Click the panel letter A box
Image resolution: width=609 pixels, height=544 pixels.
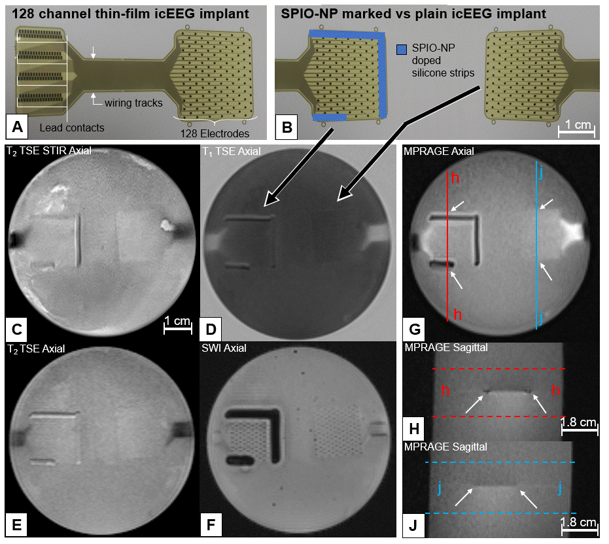(x=17, y=127)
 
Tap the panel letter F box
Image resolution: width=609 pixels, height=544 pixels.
(x=211, y=524)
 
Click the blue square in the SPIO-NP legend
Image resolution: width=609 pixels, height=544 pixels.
(x=402, y=49)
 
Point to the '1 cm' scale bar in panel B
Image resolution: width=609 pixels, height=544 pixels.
(x=576, y=131)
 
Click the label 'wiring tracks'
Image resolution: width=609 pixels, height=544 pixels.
(x=133, y=103)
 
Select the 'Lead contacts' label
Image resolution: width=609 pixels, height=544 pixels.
(x=72, y=127)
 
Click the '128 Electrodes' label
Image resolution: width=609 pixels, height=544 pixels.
(x=215, y=133)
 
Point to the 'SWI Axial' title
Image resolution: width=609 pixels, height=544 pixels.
(x=224, y=348)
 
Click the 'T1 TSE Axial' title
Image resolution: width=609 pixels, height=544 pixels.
(x=232, y=151)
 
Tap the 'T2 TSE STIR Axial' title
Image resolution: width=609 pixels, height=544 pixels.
(x=49, y=150)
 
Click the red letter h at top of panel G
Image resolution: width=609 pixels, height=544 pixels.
(x=455, y=178)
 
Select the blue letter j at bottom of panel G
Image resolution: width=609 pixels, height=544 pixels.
(x=541, y=318)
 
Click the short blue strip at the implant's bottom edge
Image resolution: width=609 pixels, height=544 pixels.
(x=330, y=117)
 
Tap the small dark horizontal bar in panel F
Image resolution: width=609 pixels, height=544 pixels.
(x=239, y=461)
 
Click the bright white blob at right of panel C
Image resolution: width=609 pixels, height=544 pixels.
(x=167, y=224)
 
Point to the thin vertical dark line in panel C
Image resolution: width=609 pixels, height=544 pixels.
(x=78, y=241)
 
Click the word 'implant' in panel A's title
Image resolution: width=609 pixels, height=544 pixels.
(x=228, y=14)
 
